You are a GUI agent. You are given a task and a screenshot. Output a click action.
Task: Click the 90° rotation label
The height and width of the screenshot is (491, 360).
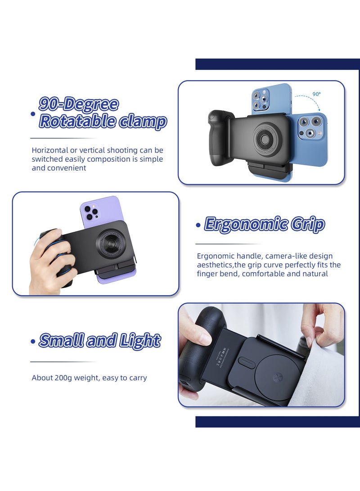[317, 94]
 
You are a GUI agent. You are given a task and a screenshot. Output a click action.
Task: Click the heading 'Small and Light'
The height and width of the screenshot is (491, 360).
[99, 341]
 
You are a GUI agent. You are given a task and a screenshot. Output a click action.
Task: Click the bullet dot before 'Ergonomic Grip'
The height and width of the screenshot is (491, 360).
[198, 225]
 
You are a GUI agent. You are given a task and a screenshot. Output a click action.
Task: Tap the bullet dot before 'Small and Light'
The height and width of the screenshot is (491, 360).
[32, 342]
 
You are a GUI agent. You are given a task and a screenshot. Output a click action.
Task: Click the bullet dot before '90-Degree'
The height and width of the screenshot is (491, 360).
[32, 114]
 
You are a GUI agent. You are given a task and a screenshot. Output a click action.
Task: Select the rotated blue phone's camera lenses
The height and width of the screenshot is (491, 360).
[310, 127]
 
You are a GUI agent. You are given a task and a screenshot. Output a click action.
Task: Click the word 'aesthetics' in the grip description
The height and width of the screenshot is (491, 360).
[214, 265]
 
